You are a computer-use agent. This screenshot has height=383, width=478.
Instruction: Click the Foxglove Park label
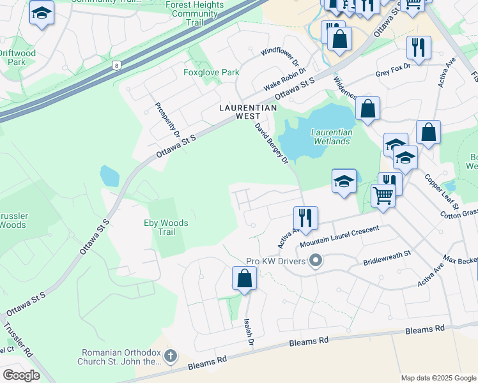[x=212, y=72]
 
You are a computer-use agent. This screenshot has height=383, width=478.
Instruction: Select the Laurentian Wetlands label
[x=331, y=137]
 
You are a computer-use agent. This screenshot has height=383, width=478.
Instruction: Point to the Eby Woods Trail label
[x=166, y=227]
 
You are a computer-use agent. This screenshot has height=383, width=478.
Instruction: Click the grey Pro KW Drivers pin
[x=314, y=260]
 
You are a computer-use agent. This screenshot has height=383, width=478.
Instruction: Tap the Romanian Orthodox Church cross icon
[x=170, y=356]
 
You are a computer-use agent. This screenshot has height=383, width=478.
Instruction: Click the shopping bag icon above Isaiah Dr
[x=244, y=278]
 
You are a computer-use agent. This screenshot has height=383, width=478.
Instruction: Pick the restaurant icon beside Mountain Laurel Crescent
[x=305, y=218]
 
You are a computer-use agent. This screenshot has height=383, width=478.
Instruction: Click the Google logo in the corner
[x=20, y=375]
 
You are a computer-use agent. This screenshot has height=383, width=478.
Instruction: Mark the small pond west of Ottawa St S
[x=109, y=176]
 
